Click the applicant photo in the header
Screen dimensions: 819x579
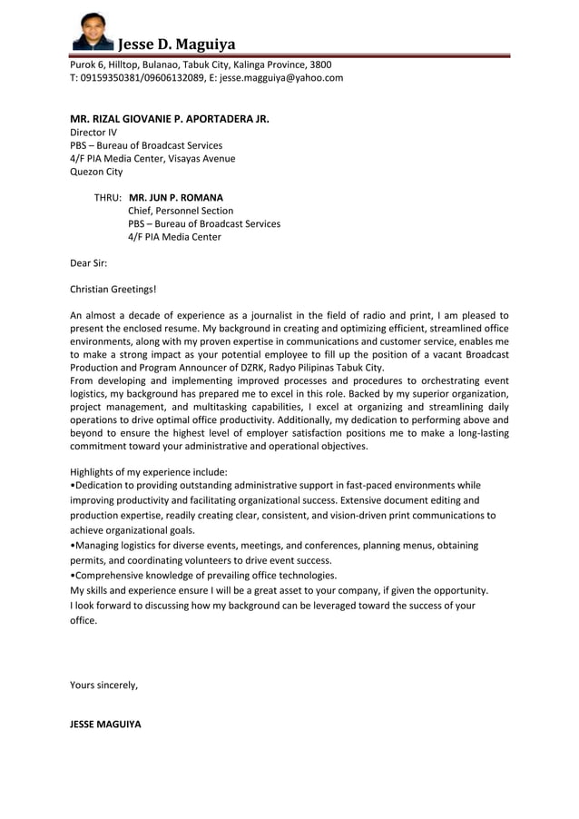tap(92, 32)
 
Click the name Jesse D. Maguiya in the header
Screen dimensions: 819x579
tap(177, 44)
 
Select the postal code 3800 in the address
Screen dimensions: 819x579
tap(320, 65)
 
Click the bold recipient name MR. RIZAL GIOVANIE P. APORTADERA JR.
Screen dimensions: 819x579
tap(170, 119)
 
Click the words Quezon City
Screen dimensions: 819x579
tap(96, 172)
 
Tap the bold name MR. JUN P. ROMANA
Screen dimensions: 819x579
tap(176, 197)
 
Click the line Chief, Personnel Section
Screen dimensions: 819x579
tap(181, 211)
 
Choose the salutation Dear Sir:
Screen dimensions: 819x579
tap(89, 263)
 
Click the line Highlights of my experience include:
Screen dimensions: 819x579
tap(149, 472)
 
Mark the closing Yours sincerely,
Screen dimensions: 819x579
tap(104, 686)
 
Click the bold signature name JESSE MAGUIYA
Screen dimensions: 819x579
tap(106, 725)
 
